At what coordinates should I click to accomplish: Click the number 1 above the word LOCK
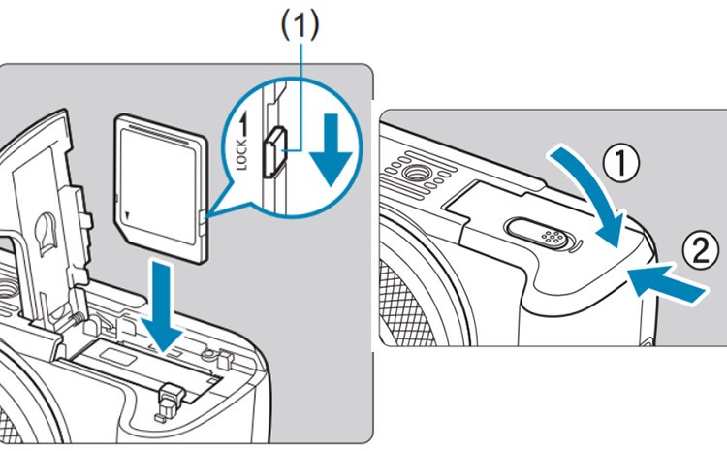click(x=246, y=124)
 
